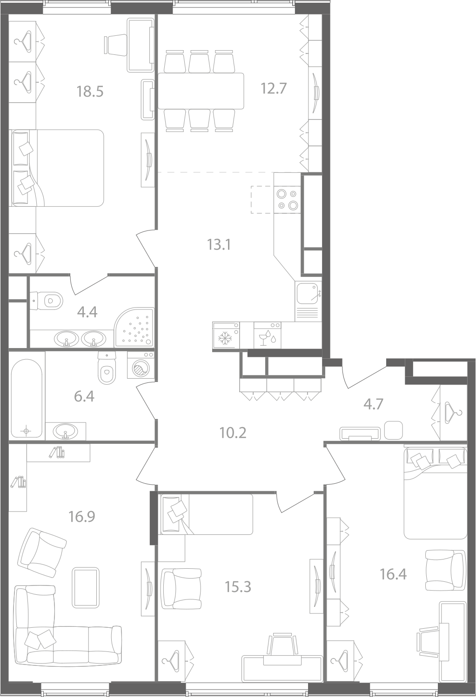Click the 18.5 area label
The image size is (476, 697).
point(90,92)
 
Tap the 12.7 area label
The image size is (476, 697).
point(273,88)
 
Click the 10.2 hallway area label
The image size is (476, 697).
point(233,433)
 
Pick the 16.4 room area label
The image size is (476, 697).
point(393,574)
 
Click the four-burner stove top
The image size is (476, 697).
point(287,199)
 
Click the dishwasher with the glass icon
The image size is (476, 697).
point(267,335)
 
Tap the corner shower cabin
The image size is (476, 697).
point(134,327)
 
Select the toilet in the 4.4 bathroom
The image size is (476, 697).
point(47,301)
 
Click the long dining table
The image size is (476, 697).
point(201,91)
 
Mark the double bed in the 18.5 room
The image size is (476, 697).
point(57,168)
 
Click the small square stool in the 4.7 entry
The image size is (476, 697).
point(394,430)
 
